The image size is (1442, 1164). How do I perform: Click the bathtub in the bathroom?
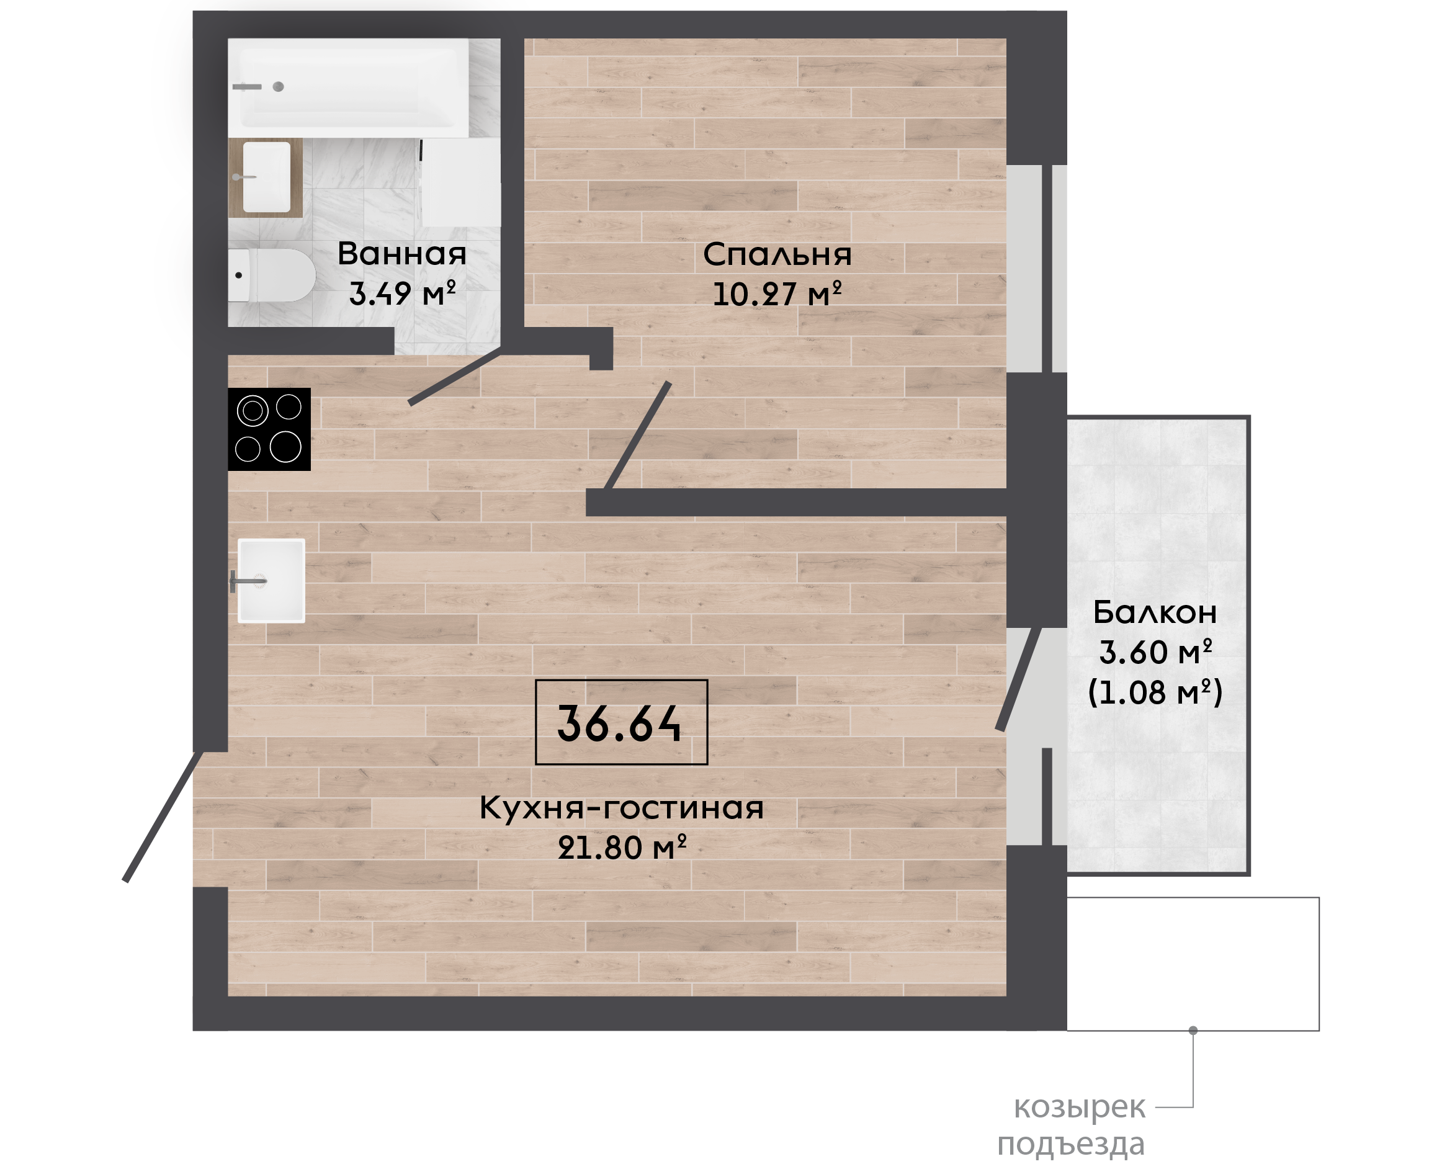click(348, 88)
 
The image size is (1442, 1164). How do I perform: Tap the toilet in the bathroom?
click(272, 275)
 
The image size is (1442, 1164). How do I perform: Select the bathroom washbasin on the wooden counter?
click(266, 177)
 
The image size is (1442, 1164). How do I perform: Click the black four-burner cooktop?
click(269, 429)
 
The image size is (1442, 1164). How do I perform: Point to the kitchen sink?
click(271, 581)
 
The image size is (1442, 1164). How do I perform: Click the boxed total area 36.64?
click(620, 722)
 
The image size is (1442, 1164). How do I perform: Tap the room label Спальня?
click(777, 255)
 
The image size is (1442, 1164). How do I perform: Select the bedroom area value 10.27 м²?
click(777, 294)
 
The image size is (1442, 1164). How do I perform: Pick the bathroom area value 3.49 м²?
click(402, 293)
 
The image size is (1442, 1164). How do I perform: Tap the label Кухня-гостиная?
click(622, 808)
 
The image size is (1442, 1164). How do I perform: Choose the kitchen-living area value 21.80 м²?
click(622, 848)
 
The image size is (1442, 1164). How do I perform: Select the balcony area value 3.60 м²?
click(1156, 652)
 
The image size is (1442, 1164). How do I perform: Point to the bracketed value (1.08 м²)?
click(1156, 692)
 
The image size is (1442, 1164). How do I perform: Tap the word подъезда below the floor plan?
click(1070, 1145)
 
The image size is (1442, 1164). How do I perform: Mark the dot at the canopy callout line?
click(1193, 1031)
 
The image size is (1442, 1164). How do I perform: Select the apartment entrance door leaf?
click(162, 817)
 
